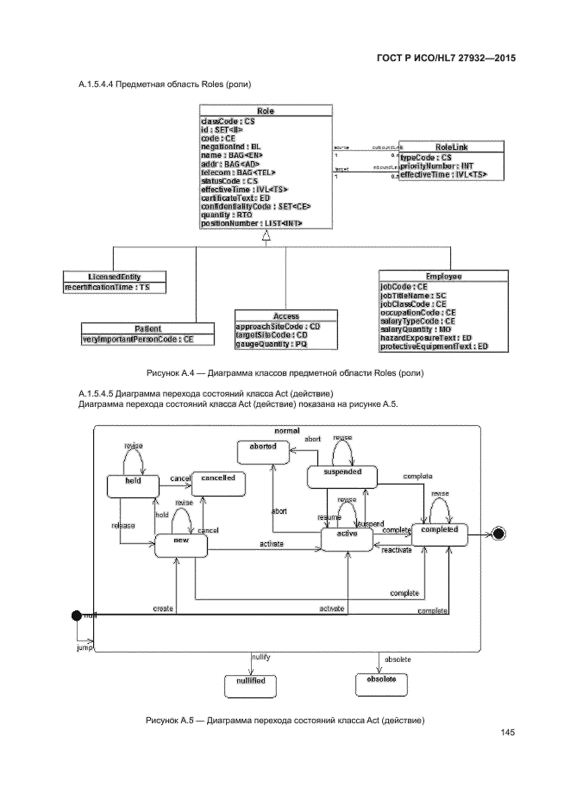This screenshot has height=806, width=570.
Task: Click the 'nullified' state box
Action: point(249,683)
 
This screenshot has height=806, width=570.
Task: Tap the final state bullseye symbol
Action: point(498,534)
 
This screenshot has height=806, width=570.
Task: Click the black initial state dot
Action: point(76,615)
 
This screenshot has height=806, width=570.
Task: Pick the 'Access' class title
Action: point(272,316)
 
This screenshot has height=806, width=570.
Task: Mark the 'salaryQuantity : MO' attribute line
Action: point(416,328)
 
